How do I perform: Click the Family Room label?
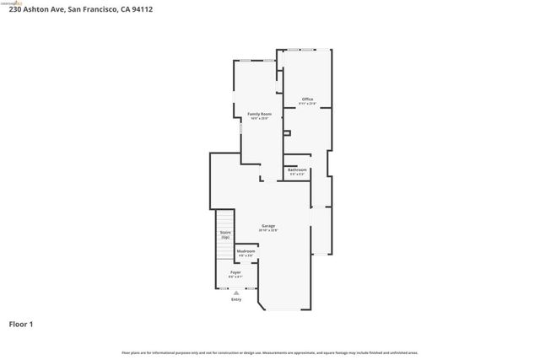(258, 114)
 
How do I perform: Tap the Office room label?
(307, 99)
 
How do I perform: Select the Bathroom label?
(297, 169)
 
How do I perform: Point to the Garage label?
(268, 226)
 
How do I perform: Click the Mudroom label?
(246, 251)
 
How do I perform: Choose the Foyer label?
(235, 272)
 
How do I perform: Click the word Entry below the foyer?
(235, 299)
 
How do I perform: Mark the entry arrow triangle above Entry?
(235, 293)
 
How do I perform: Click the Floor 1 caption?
(21, 324)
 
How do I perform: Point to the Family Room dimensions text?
(258, 118)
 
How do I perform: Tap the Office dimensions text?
(307, 104)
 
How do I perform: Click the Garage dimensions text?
(268, 230)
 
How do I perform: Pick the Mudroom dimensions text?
(246, 255)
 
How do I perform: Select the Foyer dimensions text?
(235, 277)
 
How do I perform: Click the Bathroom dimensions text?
(297, 174)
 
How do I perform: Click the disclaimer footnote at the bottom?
(269, 352)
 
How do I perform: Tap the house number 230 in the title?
(15, 9)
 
